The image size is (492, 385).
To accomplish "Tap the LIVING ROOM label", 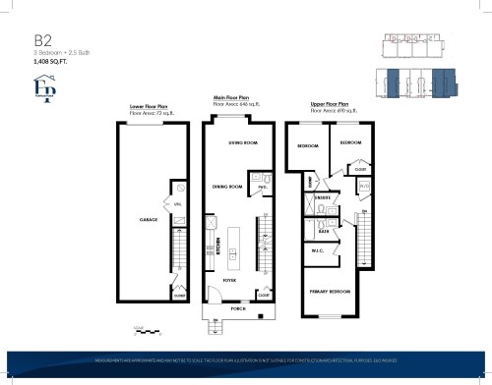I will (x=242, y=143).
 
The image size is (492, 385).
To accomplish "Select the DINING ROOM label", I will (x=227, y=186).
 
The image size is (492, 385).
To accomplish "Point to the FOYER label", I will (x=228, y=280).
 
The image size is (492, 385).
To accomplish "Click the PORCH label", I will (x=237, y=307).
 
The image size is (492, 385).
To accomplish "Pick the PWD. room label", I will (x=263, y=187).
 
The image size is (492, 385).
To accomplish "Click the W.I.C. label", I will (x=319, y=249).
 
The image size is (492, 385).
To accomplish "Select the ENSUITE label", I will (x=323, y=197).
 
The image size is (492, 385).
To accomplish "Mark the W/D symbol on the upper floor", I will (x=363, y=186).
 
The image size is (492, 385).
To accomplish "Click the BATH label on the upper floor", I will (x=323, y=231).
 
